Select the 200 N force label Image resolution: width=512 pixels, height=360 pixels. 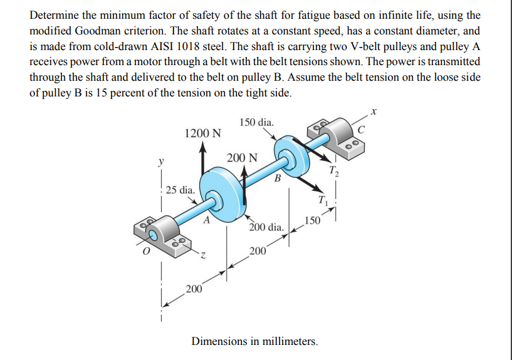[x=242, y=157]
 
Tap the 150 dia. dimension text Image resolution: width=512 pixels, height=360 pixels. [x=256, y=122]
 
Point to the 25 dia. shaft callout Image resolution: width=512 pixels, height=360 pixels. [x=180, y=189]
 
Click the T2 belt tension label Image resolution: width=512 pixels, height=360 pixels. [x=335, y=170]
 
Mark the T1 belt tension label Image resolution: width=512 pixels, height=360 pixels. [x=322, y=201]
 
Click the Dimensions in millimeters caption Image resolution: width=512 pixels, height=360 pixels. [x=254, y=342]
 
